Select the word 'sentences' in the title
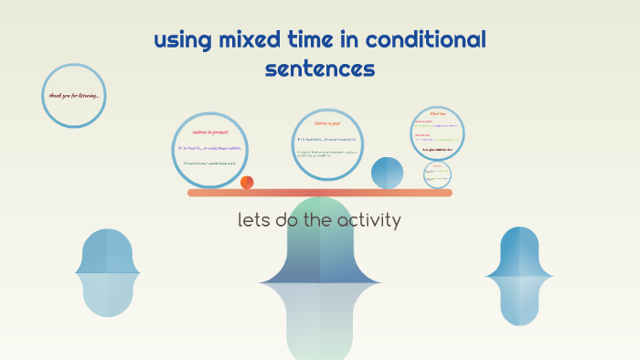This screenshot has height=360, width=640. click(x=320, y=69)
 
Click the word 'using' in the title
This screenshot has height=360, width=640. click(x=181, y=40)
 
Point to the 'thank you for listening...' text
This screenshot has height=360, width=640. click(x=74, y=95)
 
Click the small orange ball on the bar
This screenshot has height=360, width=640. click(x=247, y=183)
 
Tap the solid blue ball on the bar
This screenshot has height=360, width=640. click(x=387, y=173)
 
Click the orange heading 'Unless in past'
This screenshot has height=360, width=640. click(x=327, y=122)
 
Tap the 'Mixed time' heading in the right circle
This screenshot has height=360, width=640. click(x=438, y=114)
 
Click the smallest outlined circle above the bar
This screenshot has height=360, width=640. click(x=437, y=175)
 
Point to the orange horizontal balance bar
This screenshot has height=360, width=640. click(x=320, y=193)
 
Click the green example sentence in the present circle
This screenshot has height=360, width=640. click(x=209, y=163)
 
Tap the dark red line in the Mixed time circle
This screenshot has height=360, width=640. click(x=437, y=148)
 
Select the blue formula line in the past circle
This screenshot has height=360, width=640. click(x=327, y=139)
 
